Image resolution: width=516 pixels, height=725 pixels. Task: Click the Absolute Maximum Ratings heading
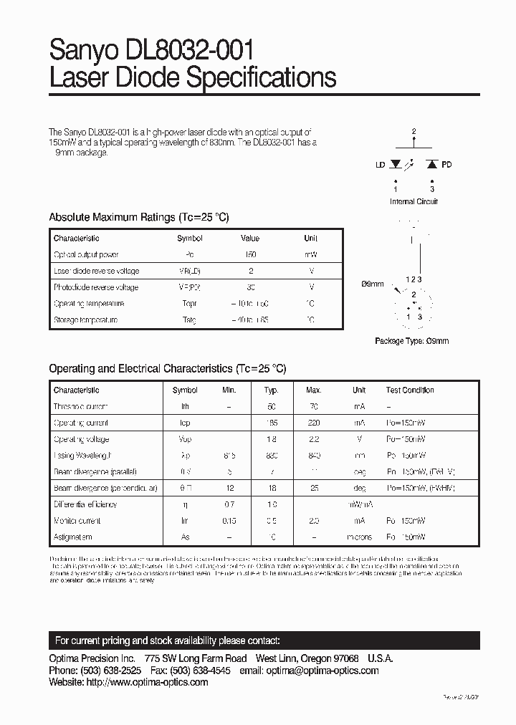138,217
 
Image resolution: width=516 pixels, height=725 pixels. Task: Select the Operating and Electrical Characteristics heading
167,368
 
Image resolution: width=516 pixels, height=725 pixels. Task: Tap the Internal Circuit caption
414,201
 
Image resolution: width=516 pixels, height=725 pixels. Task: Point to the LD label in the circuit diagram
380,165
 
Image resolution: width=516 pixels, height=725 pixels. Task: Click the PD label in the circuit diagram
446,165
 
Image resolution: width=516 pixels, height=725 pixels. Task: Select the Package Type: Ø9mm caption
411,341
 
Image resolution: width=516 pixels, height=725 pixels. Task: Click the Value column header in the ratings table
250,239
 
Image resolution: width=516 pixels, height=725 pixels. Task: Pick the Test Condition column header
410,390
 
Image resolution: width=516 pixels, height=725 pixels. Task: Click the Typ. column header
271,390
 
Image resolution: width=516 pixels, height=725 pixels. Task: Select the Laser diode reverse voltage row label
96,271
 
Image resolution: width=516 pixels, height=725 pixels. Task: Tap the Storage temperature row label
85,320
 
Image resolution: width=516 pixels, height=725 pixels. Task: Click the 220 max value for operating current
313,423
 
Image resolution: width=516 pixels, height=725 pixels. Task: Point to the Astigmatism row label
72,537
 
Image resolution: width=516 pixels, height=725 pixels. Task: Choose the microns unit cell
359,537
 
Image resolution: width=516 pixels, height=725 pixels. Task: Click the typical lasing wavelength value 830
271,456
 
